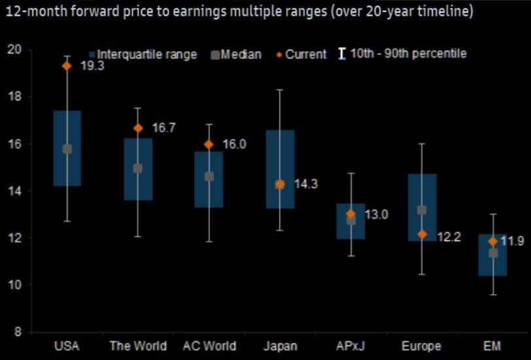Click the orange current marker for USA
[67, 65]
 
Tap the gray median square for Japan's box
[280, 185]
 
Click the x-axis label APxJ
[351, 346]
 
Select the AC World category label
[209, 346]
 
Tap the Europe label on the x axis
[422, 346]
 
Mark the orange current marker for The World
[138, 128]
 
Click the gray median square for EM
[493, 253]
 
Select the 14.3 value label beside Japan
[305, 185]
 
